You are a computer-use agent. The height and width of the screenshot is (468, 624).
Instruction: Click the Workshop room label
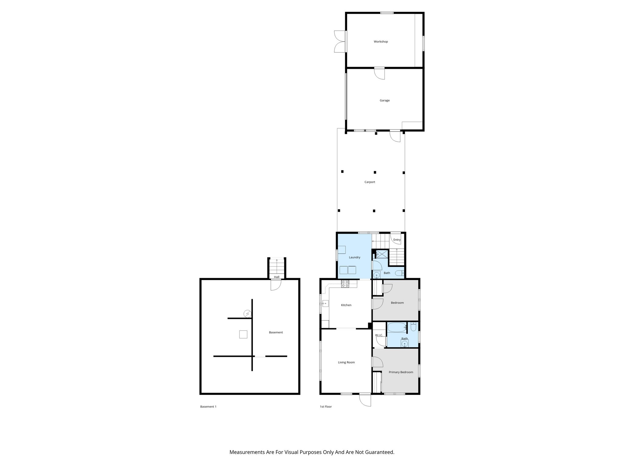pos(381,41)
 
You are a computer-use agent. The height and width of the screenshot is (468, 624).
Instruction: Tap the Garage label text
pos(384,100)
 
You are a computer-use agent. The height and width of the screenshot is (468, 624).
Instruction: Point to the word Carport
pos(370,182)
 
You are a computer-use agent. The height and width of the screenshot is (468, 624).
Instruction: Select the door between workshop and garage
pos(380,73)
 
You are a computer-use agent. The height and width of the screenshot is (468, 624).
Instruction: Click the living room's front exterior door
pos(365,400)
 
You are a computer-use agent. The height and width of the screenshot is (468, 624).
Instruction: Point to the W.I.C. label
pos(379,335)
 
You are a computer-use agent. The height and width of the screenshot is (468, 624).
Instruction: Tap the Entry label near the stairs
pos(397,240)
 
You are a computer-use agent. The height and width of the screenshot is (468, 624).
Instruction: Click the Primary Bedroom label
pos(401,372)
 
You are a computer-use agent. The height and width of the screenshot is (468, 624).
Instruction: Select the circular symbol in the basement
pos(247,313)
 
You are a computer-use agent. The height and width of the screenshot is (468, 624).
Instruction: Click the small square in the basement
pos(243,334)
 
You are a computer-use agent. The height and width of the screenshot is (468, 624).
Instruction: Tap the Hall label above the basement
pos(276,277)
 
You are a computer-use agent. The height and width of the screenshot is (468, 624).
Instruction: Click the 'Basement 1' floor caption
pos(208,406)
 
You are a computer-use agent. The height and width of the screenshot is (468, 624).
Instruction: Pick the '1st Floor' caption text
pos(325,406)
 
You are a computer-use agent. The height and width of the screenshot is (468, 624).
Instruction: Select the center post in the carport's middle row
pos(375,172)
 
